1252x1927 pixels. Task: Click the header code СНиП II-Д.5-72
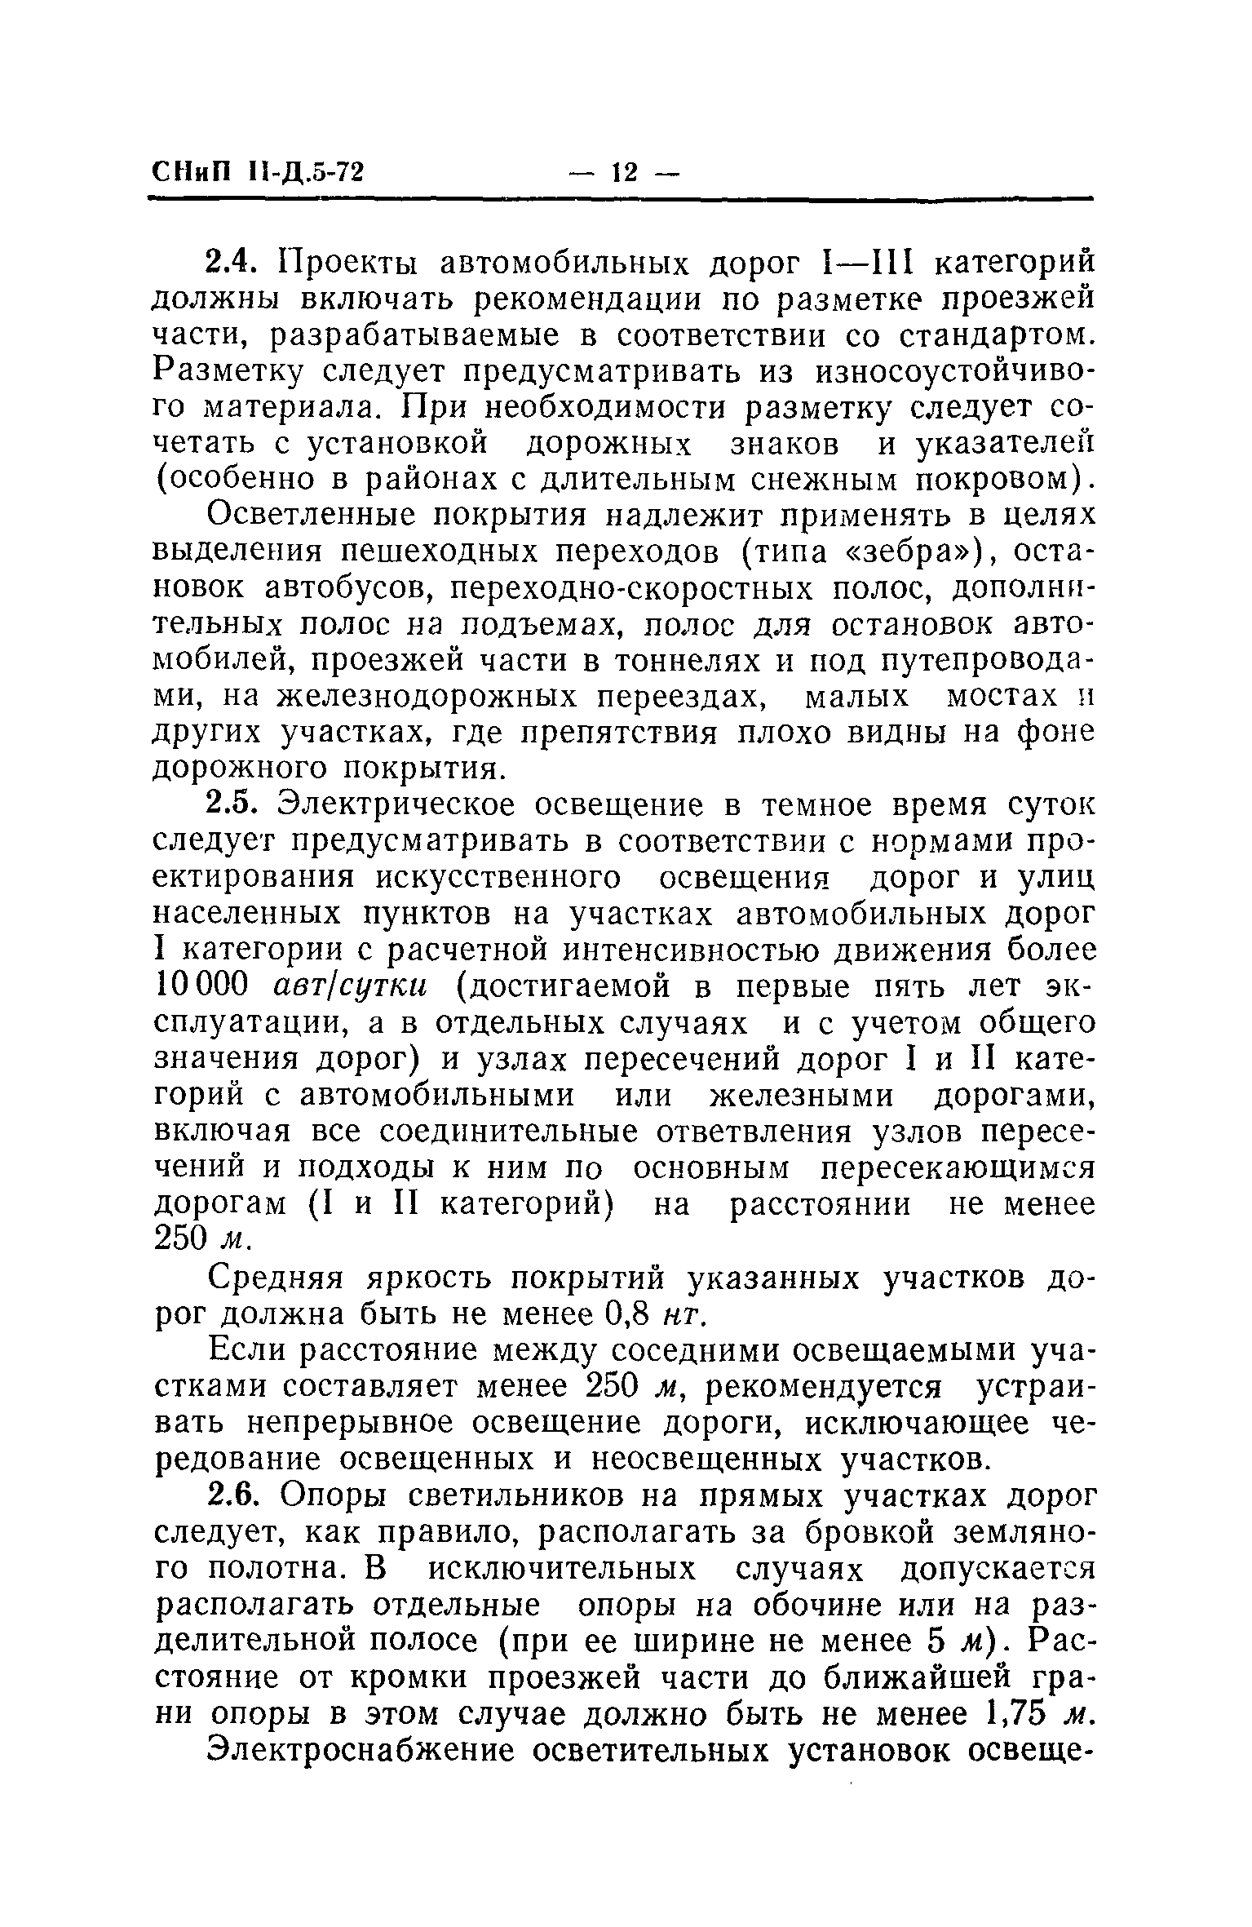(x=258, y=173)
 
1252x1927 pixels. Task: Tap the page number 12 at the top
(x=624, y=173)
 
